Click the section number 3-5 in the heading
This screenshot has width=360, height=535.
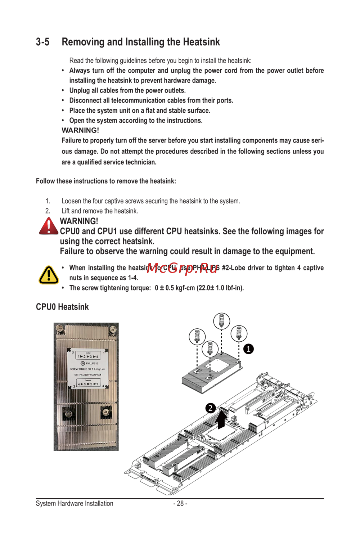click(x=42, y=42)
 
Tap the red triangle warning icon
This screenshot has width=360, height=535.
click(x=48, y=226)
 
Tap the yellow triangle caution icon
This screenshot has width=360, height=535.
click(x=49, y=275)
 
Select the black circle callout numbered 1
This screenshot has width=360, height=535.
click(x=248, y=349)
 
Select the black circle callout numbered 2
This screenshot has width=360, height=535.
click(x=211, y=408)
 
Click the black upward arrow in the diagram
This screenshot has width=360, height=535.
click(x=222, y=419)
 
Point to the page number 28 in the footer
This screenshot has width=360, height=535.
click(x=180, y=503)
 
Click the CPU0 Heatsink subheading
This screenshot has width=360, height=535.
click(x=62, y=307)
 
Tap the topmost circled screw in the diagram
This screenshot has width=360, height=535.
click(x=221, y=320)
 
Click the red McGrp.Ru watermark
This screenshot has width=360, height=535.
click(x=183, y=268)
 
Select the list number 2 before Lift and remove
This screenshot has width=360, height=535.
click(x=48, y=211)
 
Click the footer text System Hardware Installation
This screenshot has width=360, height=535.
click(x=75, y=503)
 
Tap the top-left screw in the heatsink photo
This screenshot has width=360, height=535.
click(x=60, y=328)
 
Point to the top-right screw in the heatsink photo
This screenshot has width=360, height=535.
click(x=113, y=328)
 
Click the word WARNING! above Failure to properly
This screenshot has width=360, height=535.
click(x=80, y=130)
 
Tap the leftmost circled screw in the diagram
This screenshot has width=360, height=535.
click(x=197, y=336)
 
